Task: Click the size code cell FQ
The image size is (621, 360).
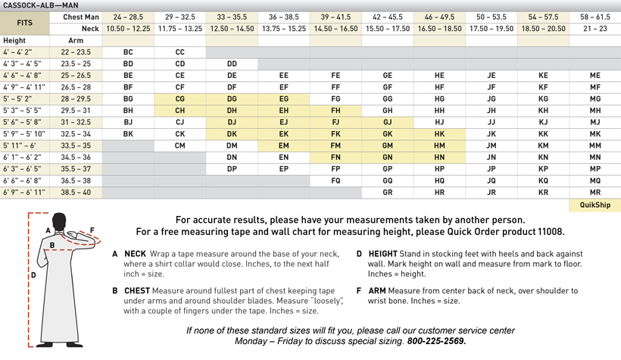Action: coord(335,181)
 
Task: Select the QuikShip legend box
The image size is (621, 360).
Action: coord(594,205)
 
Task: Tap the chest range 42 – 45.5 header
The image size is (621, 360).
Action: coord(387,17)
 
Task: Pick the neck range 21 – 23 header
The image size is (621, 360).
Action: coord(594,29)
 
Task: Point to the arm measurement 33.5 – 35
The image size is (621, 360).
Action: coord(76,146)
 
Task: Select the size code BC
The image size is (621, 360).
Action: coord(128,53)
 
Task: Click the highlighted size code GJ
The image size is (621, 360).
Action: coord(387,123)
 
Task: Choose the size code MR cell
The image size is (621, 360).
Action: coord(594,193)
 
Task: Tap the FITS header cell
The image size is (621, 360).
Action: coord(25,23)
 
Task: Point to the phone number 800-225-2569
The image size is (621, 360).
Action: coord(436,341)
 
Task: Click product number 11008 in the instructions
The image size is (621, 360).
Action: coord(545,232)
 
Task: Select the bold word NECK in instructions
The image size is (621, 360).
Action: coord(135,254)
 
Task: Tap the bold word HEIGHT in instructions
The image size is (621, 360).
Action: coord(382,254)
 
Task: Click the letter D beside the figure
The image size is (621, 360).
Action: coord(33,275)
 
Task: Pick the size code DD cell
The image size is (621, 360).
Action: coord(232,64)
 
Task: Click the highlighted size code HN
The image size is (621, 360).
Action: coord(439,158)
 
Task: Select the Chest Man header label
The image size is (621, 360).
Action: coord(81,17)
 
